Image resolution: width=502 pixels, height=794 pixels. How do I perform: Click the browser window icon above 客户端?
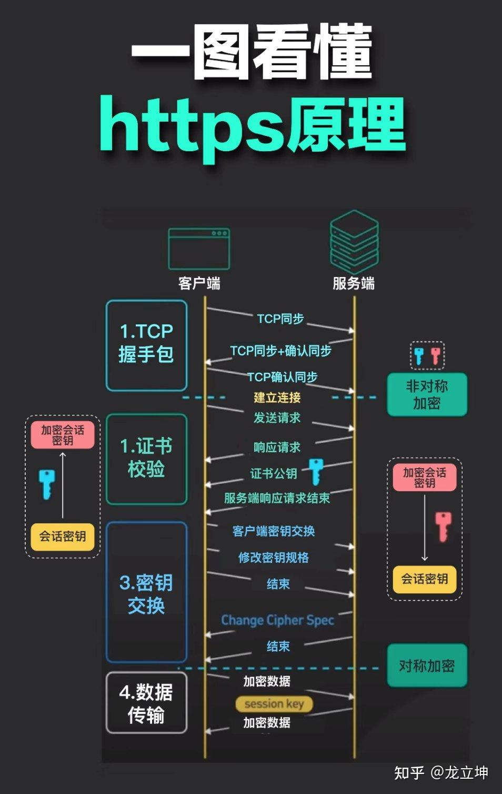pyautogui.click(x=199, y=249)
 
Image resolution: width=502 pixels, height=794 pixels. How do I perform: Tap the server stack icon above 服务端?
pyautogui.click(x=354, y=242)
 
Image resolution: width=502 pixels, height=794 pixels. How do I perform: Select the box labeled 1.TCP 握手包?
pyautogui.click(x=146, y=345)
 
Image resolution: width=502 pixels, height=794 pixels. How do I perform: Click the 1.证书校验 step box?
pyautogui.click(x=146, y=459)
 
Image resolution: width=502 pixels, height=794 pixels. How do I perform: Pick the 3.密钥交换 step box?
pyautogui.click(x=146, y=592)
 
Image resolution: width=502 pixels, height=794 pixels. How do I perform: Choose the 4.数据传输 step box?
pyautogui.click(x=146, y=702)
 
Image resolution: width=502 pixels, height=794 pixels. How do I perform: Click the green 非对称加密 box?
pyautogui.click(x=427, y=395)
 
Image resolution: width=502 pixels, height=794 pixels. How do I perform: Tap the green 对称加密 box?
pyautogui.click(x=427, y=666)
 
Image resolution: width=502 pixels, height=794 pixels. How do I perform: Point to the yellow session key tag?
pyautogui.click(x=274, y=704)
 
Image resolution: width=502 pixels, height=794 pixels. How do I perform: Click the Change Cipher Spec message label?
pyautogui.click(x=277, y=620)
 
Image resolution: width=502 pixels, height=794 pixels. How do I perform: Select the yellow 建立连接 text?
pyautogui.click(x=277, y=398)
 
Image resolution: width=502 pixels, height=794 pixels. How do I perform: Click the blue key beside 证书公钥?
pyautogui.click(x=316, y=471)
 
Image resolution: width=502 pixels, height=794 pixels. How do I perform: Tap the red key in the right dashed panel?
pyautogui.click(x=443, y=527)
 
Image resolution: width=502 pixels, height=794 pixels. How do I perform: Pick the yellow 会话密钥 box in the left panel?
pyautogui.click(x=63, y=537)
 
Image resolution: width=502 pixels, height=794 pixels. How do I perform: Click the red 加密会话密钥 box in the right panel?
pyautogui.click(x=424, y=478)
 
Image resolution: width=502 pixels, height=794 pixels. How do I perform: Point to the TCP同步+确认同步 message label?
pyautogui.click(x=280, y=351)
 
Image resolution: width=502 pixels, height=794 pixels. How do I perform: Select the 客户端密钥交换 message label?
pyautogui.click(x=274, y=531)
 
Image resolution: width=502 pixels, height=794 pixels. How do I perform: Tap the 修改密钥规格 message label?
pyautogui.click(x=274, y=558)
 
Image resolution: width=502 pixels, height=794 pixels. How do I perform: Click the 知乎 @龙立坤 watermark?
pyautogui.click(x=441, y=772)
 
